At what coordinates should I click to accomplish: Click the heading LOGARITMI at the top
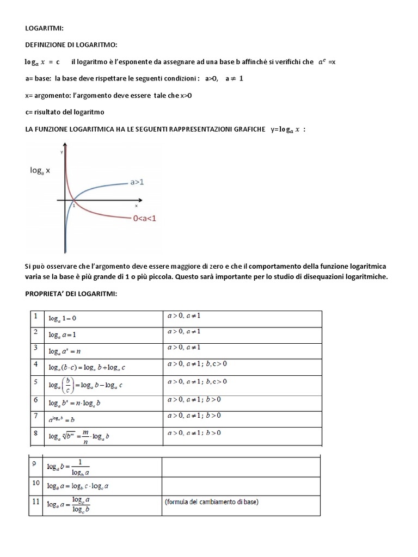(44, 29)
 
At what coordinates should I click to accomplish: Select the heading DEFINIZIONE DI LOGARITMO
(71, 45)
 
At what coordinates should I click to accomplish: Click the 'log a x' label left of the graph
(40, 170)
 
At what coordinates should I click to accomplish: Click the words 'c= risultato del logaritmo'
(64, 112)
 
